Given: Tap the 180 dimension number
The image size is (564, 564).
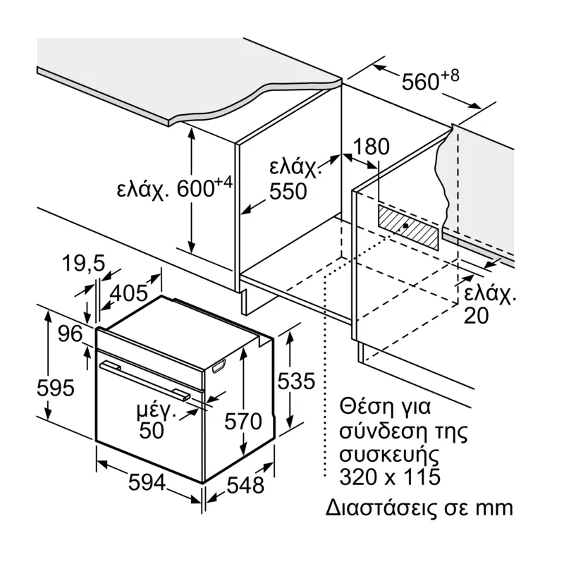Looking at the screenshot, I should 371,147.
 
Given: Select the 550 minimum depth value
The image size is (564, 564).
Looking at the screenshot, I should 288,190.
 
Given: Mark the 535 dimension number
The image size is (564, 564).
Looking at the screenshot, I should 295,382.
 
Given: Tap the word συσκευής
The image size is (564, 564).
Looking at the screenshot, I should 384,453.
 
